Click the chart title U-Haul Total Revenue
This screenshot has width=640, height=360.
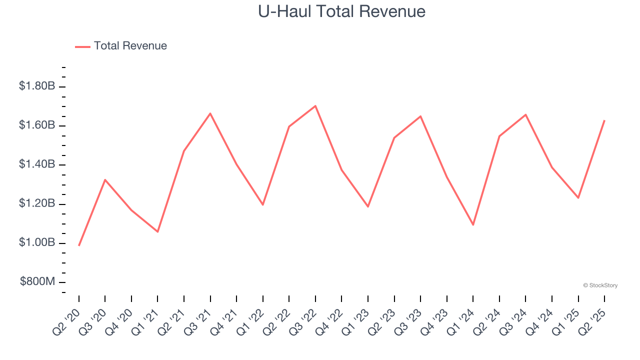tap(341, 11)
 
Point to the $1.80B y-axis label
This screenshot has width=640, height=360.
tap(37, 86)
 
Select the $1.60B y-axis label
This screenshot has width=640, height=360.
tap(37, 125)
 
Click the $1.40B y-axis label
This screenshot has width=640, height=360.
tap(37, 164)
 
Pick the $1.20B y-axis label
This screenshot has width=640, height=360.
tap(37, 204)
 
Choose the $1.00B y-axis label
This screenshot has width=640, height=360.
tap(37, 243)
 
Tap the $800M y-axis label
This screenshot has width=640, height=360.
tap(37, 282)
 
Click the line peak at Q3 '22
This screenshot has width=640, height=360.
tap(315, 106)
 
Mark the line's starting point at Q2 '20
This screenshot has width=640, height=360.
tap(79, 245)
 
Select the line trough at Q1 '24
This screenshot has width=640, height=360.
tap(473, 224)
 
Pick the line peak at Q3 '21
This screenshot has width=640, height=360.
tap(210, 113)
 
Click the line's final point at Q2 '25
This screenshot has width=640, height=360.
tap(604, 120)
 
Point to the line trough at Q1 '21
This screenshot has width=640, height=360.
tap(157, 231)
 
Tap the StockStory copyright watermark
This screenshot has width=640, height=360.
tap(600, 285)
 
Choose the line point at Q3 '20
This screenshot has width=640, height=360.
tap(105, 179)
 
